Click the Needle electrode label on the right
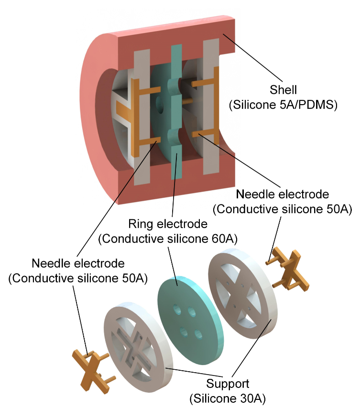(x=283, y=194)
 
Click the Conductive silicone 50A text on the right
(x=283, y=209)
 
